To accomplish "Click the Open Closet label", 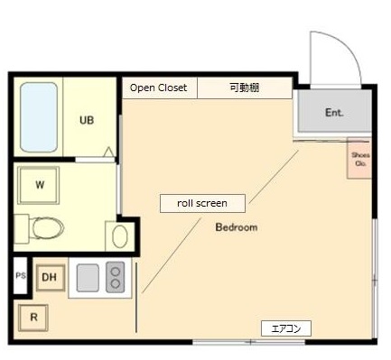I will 159,88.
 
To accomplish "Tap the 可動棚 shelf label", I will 244,88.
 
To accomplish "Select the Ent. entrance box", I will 333,113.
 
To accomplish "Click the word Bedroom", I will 236,227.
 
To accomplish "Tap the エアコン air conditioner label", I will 285,328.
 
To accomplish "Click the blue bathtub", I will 39,117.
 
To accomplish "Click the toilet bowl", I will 49,228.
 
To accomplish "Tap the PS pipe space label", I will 20,276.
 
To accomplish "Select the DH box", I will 50,278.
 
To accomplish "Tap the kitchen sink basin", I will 88,277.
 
